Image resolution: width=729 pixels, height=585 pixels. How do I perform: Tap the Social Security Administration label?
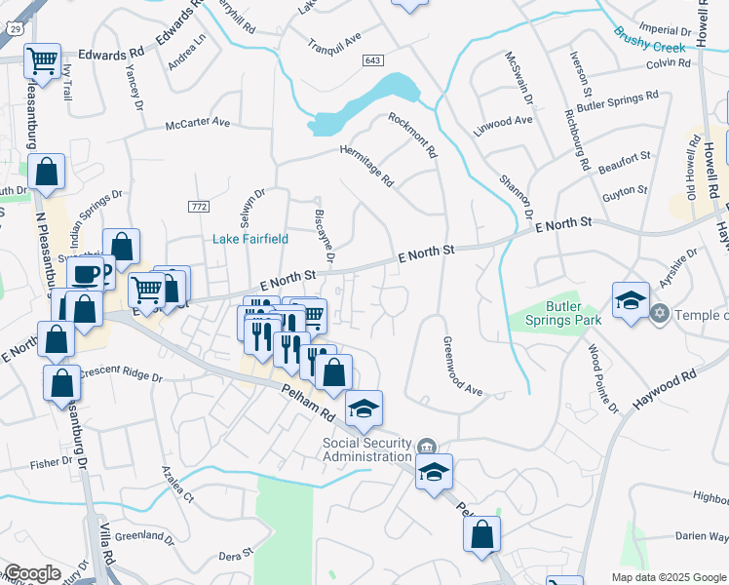pos(367,450)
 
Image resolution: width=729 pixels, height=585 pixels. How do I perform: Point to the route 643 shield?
pos(372,60)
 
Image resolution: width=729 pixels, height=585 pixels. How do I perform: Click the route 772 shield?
pos(200,206)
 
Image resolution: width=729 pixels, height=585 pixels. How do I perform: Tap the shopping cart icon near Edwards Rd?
pos(43,61)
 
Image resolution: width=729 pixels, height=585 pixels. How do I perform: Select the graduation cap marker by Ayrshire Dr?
pos(630,299)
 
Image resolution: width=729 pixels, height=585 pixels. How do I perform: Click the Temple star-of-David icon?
pos(661,314)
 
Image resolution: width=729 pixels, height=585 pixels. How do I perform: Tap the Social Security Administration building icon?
pos(425,448)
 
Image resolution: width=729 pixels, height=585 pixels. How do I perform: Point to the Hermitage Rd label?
pos(366,166)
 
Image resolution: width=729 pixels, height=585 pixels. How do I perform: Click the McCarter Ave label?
pos(197,124)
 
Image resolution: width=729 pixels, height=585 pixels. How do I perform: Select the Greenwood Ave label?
pos(462,366)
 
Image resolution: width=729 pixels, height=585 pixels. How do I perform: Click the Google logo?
pos(32,573)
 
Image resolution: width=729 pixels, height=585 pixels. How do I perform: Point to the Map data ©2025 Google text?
pos(669,576)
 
